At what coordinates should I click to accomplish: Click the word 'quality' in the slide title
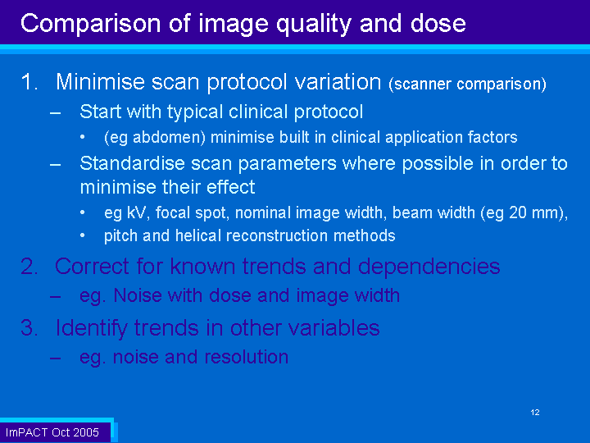[x=314, y=25]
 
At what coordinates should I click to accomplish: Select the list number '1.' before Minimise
[x=29, y=82]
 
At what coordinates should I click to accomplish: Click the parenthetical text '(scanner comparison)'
[x=467, y=84]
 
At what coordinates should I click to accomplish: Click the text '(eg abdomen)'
[x=155, y=138]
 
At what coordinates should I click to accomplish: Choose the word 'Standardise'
[x=133, y=163]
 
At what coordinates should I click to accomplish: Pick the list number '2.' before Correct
[x=29, y=267]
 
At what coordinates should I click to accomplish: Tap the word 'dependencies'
[x=429, y=267]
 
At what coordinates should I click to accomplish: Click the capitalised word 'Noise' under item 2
[x=138, y=295]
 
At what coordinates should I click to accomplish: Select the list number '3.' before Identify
[x=29, y=327]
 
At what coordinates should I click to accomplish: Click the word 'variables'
[x=334, y=327]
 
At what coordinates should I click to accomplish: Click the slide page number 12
[x=535, y=413]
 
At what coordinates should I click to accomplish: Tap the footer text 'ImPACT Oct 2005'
[x=52, y=432]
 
